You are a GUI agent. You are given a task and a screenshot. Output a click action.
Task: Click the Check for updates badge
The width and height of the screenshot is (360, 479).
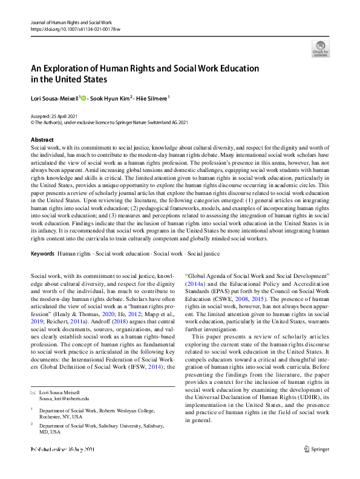(321, 48)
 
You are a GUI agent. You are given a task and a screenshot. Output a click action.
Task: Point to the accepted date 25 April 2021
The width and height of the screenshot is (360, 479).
(62, 115)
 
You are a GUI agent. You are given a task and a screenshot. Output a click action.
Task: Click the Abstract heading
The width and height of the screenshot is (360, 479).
(42, 140)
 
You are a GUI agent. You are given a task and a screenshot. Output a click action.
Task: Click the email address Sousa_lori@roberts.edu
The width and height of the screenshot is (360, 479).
(64, 398)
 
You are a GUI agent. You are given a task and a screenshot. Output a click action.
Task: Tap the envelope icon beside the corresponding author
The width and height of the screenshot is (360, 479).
(33, 392)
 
